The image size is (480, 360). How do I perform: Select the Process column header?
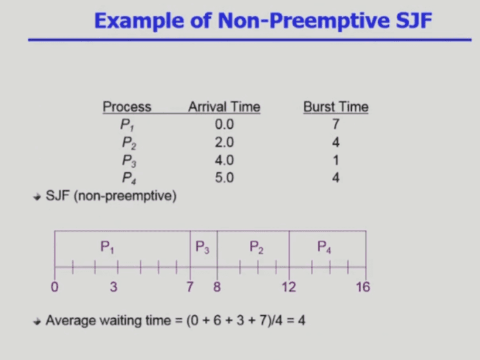127,107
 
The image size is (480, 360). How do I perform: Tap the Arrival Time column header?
224,107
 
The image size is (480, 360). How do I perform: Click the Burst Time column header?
336,107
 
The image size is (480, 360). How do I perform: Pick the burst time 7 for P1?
336,124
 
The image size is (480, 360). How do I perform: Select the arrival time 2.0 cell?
224,142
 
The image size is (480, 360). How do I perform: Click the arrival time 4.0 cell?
224,160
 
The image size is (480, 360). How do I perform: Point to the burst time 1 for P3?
336,160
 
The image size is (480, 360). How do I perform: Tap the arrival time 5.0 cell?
224,177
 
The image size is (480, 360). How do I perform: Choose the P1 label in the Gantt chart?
108,246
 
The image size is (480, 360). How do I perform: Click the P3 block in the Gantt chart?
203,247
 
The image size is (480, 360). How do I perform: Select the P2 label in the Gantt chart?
256,246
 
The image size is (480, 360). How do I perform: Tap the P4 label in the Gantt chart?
324,246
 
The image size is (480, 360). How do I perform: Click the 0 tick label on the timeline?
55,287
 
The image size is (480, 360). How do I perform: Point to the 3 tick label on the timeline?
113,287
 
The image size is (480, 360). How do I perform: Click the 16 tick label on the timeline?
363,287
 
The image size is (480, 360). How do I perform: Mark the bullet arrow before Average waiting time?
38,320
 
